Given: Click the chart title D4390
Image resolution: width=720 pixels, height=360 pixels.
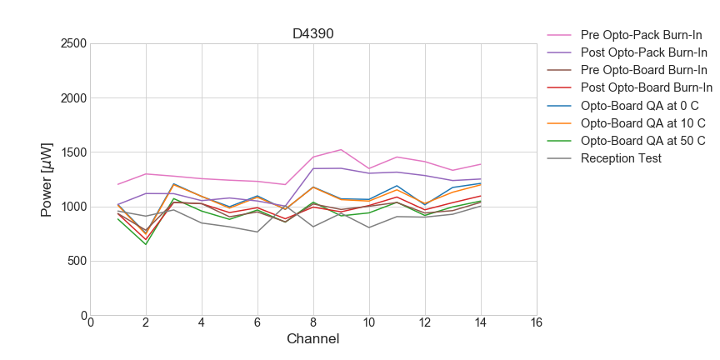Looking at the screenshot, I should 313,34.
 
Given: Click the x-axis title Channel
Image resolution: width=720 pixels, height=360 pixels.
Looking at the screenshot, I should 313,339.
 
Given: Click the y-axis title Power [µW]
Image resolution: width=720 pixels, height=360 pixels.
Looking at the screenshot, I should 47,179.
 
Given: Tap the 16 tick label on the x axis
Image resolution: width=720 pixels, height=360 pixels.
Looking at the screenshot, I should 536,323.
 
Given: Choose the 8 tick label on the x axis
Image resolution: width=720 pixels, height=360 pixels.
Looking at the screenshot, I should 313,323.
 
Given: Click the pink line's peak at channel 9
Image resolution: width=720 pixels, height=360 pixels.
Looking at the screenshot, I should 341,150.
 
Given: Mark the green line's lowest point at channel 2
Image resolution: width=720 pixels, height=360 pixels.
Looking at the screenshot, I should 146,244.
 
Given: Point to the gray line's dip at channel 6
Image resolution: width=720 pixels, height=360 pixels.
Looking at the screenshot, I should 257,232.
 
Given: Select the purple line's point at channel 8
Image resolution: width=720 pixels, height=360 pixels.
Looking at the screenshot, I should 313,168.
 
